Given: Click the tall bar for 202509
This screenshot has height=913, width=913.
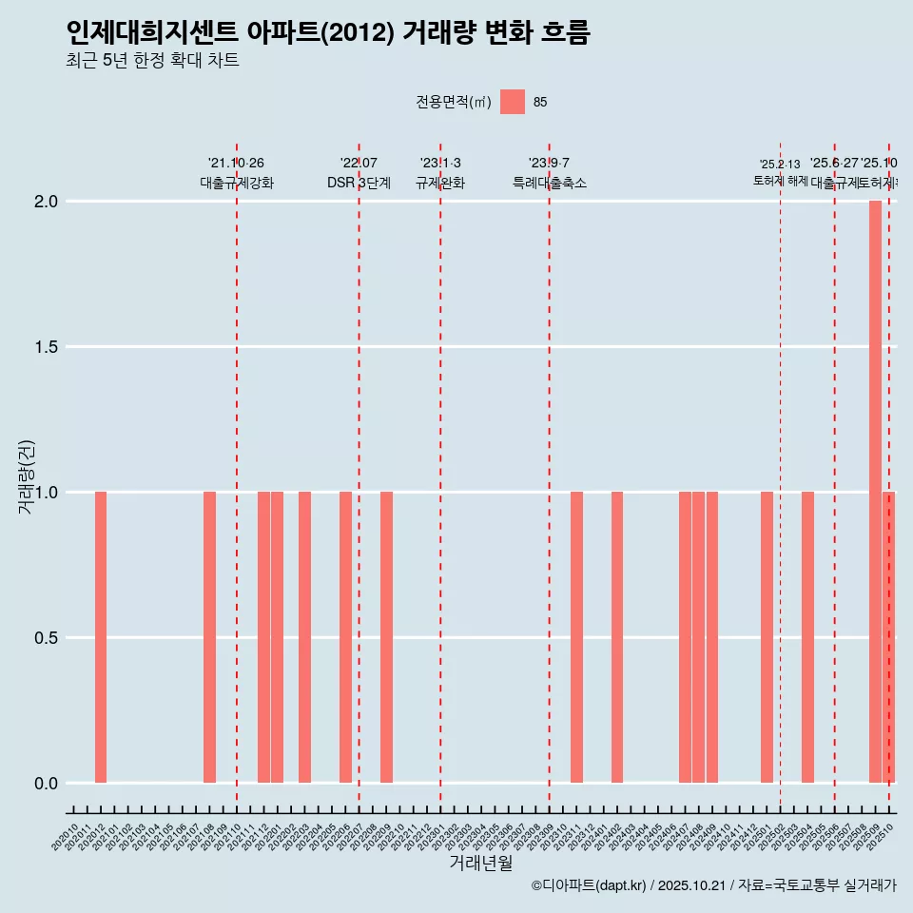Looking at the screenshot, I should [875, 492].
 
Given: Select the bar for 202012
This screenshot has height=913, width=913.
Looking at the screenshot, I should [101, 637].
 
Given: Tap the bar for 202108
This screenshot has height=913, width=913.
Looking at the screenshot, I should [209, 637].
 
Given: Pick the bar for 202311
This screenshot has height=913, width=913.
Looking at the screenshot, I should [576, 637].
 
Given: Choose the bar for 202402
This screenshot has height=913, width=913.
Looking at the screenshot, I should [617, 637].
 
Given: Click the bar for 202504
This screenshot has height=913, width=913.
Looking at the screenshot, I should [807, 637].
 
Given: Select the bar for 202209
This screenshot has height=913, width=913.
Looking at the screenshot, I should [386, 637].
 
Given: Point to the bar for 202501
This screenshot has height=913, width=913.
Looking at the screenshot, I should [767, 637].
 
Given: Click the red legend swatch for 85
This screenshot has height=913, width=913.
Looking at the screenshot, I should [513, 102].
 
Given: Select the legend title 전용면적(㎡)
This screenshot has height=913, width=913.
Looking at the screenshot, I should [453, 102].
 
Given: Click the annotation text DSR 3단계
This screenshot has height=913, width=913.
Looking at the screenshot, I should [359, 183].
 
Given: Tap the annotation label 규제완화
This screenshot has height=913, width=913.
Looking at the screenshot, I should [440, 183].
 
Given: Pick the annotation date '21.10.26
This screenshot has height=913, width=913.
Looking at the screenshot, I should [236, 163].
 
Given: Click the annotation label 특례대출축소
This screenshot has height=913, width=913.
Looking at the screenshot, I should [550, 183].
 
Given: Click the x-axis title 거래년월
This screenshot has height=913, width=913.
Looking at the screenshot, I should [480, 864].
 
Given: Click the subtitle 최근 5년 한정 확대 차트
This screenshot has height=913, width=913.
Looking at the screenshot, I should [152, 61].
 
